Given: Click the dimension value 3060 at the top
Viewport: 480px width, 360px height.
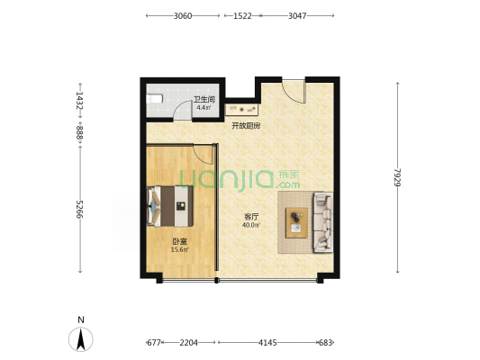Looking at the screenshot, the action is pos(183,15).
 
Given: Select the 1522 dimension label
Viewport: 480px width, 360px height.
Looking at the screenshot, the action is pos(242,15).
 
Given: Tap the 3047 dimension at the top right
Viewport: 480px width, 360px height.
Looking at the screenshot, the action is pos(297,15).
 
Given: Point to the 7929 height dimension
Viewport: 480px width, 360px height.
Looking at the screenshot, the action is pos(398,177).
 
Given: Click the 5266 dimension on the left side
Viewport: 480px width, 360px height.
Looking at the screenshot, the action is pos(80,209).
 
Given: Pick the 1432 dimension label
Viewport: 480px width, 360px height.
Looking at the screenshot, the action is pos(80,101).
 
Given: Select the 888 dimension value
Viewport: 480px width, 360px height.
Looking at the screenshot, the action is pos(80,132).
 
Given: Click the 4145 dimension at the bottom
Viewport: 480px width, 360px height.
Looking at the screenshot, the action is pos(267,343).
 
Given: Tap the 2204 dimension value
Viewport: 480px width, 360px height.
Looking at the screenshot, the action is pos(188,343).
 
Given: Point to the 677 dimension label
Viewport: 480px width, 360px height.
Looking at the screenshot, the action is pos(154,343).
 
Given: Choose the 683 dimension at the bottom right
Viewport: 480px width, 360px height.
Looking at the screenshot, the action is pos(325,343).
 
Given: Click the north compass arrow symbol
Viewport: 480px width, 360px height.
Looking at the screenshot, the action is pos(81,339).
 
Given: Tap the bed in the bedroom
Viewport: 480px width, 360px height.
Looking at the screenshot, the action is pos(170,206).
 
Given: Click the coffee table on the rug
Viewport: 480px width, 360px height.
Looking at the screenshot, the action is pos(296,222).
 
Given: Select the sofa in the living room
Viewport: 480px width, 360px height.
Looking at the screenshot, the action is pos(322,222).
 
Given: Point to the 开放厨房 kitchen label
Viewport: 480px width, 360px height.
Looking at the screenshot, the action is pos(246,125).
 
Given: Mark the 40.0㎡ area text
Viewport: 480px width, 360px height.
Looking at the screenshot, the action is pos(251,225).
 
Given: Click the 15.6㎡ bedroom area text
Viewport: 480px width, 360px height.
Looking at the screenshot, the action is pos(180,249).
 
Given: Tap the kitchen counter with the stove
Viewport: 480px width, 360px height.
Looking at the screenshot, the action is pos(243,109).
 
